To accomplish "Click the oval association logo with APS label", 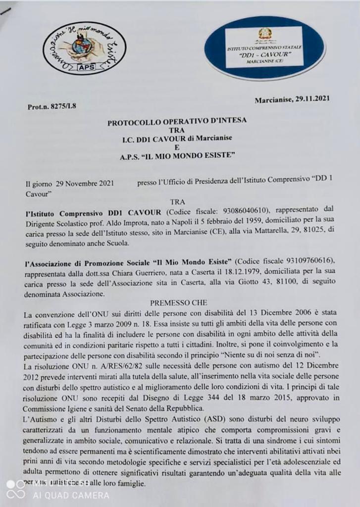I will (x=84, y=49).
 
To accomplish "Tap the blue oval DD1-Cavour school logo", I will (x=265, y=48).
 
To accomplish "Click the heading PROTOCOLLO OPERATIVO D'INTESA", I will (x=177, y=120).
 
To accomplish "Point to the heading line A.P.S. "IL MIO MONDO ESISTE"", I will (x=177, y=156).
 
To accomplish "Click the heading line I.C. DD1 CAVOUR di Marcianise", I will (x=177, y=139).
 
